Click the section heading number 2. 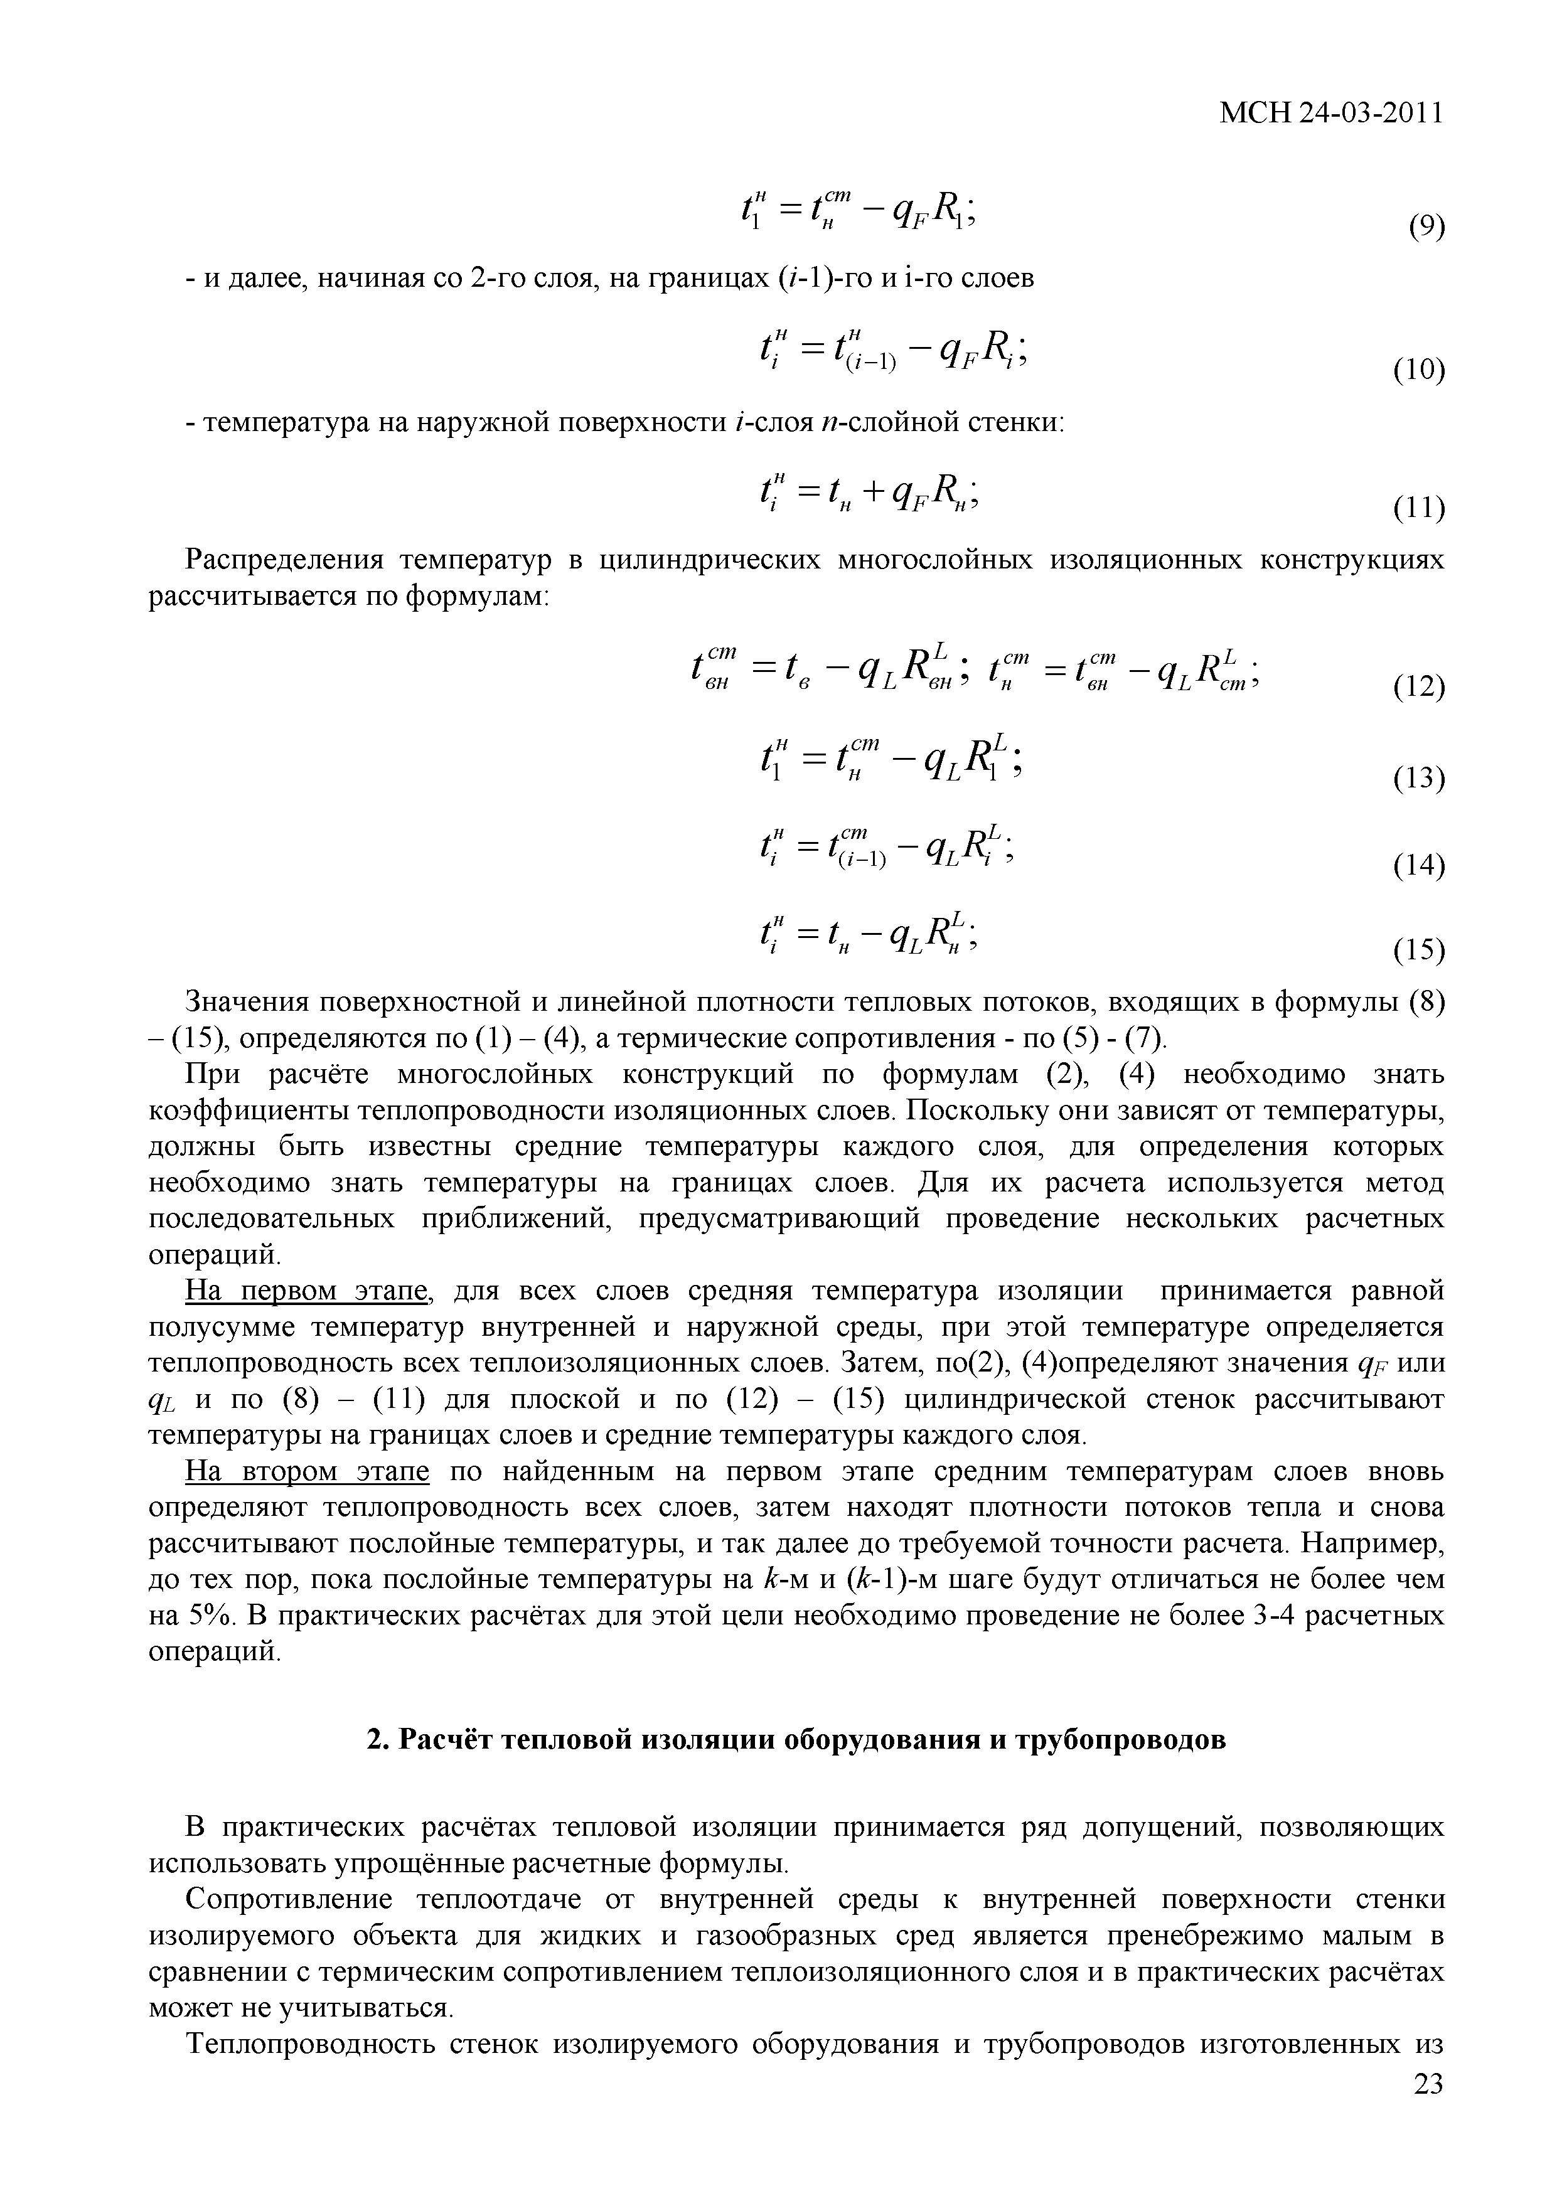pos(376,1740)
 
